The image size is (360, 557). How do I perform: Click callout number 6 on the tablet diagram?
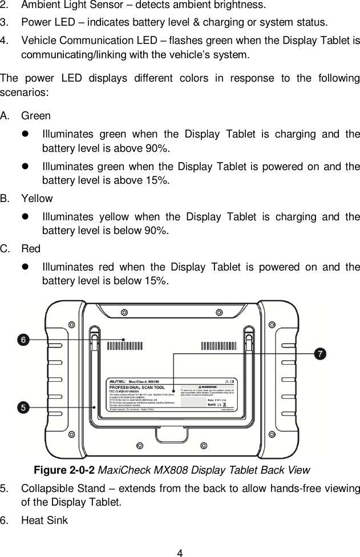pos(22,340)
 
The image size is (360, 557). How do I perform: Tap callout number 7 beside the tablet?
pos(321,354)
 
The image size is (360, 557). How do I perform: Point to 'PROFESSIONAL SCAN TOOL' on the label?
pos(135,386)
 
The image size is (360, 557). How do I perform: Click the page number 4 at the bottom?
pos(180,552)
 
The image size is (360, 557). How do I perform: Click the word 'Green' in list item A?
pos(35,116)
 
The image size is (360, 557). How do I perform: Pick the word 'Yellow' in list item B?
pos(37,199)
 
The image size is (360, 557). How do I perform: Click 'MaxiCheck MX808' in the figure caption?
pos(137,470)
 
